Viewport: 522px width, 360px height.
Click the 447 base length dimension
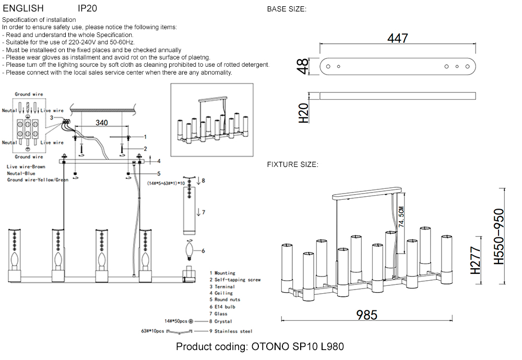397,38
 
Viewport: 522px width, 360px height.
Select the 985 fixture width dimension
366,315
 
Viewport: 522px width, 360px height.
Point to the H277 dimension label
474,261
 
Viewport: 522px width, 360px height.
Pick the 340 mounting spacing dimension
102,123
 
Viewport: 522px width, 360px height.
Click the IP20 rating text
87,9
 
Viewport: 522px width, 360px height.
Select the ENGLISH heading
23,9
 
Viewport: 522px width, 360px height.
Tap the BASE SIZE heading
287,9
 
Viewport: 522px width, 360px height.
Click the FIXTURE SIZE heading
292,164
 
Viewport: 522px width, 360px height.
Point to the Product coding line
259,346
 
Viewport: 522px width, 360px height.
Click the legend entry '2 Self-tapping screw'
234,280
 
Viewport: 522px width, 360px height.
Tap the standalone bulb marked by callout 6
188,251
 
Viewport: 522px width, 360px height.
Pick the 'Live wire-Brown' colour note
26,167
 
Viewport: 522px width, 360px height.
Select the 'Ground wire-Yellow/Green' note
38,180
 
